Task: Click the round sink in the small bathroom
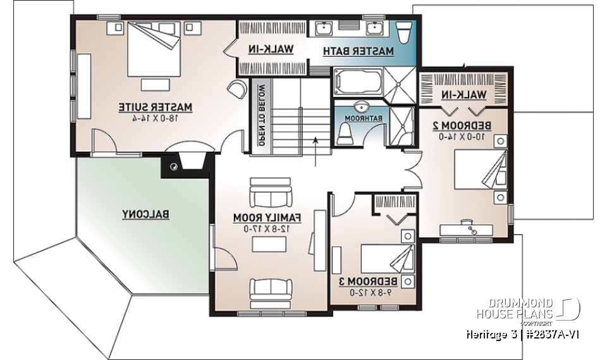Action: (x=362, y=107)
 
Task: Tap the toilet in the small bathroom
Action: (x=345, y=133)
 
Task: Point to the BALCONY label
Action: (x=145, y=214)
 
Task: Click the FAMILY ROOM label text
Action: (x=268, y=218)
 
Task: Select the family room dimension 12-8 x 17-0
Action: (x=268, y=228)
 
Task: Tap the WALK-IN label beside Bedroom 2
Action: (x=464, y=95)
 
